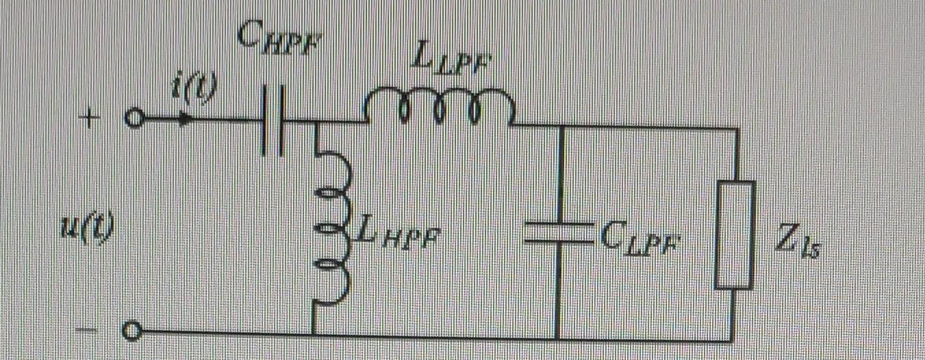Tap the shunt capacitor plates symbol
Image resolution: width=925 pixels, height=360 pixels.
pyautogui.click(x=559, y=233)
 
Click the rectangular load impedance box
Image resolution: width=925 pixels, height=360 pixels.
pyautogui.click(x=734, y=234)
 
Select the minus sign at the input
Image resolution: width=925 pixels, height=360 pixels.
pyautogui.click(x=88, y=331)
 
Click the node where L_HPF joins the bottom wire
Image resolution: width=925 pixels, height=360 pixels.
pyautogui.click(x=315, y=334)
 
